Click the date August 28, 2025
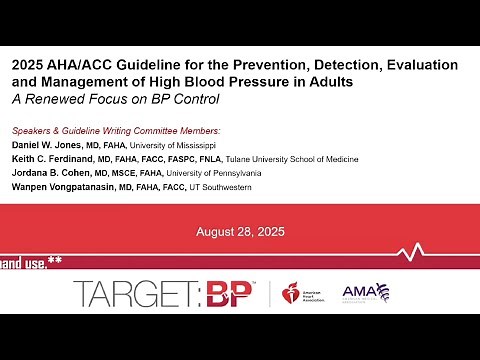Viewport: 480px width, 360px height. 240,232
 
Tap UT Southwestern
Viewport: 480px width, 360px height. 245,186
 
